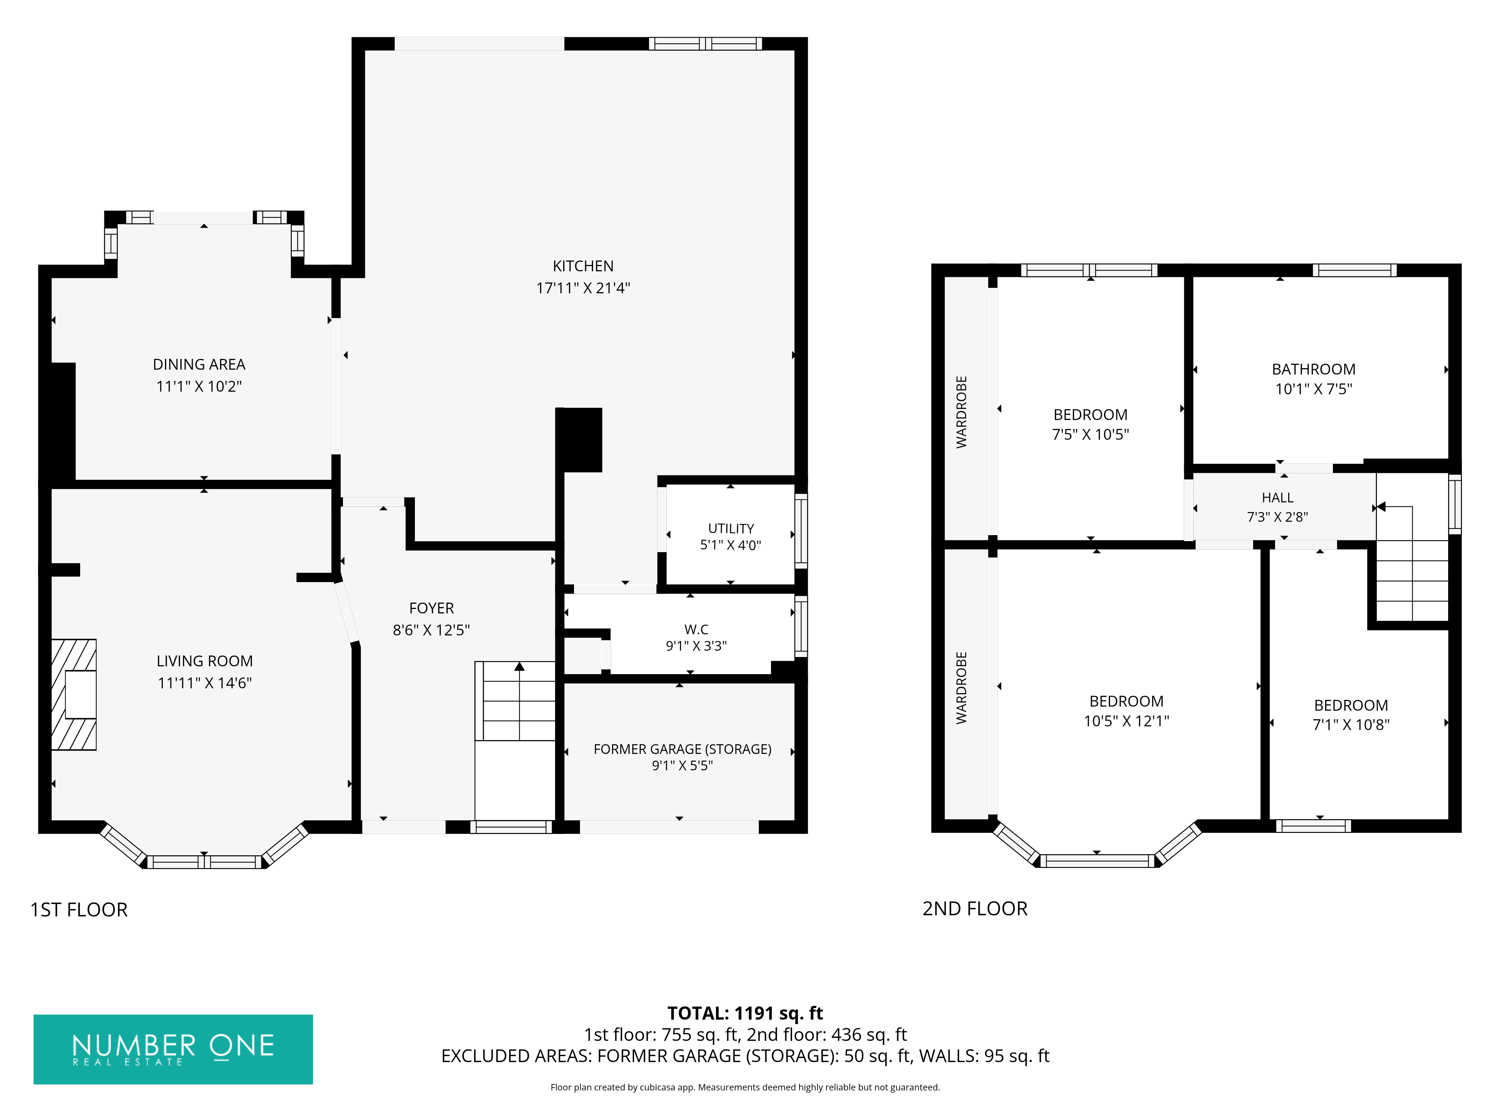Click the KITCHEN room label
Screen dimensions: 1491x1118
point(583,266)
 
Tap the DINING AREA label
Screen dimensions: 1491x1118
point(199,364)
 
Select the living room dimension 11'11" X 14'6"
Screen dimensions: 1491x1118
point(204,683)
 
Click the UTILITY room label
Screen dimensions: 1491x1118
point(731,528)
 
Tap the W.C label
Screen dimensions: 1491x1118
point(696,629)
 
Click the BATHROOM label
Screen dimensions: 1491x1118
point(1313,369)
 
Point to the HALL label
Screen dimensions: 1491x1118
point(1277,498)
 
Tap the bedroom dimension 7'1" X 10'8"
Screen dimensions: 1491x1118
point(1351,724)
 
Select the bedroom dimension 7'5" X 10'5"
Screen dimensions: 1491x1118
point(1091,435)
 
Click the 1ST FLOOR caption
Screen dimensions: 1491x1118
point(79,910)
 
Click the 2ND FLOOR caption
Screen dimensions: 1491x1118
point(975,909)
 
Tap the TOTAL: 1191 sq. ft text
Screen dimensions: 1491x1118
point(745,1014)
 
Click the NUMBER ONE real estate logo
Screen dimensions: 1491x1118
point(173,1049)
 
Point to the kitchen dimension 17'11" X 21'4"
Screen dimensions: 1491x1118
point(583,288)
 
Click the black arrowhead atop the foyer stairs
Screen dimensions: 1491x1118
point(519,666)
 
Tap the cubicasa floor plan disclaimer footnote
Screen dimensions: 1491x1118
point(745,1087)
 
